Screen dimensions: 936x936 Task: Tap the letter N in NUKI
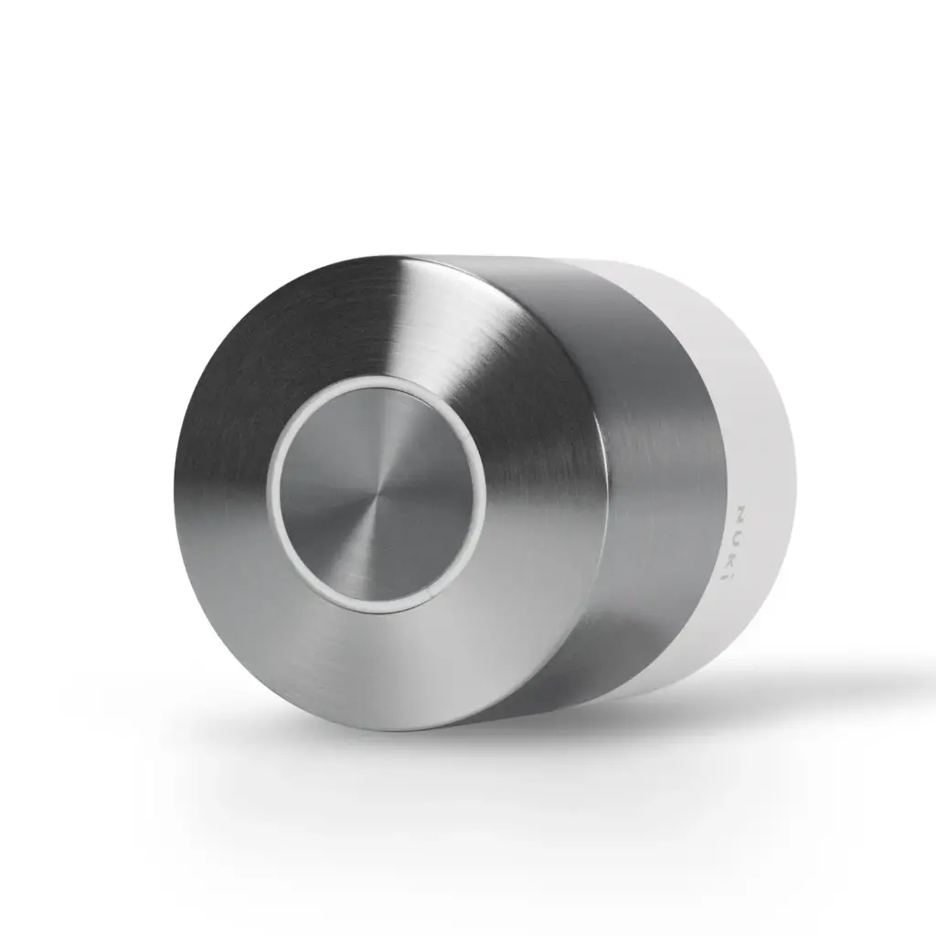pos(740,512)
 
